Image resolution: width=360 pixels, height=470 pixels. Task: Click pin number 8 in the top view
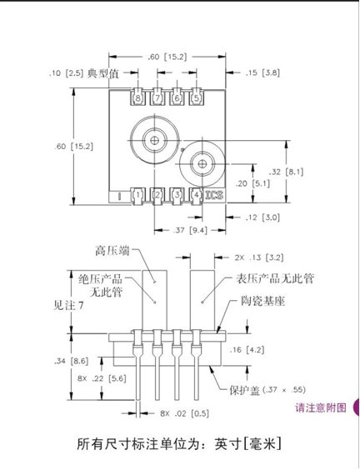coord(137,97)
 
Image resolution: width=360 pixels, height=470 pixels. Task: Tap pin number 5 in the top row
coord(197,97)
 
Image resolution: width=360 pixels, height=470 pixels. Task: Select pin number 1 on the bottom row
coord(137,196)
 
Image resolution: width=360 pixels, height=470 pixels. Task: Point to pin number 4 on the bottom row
coord(197,196)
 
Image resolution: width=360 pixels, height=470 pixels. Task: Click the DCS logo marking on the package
coord(215,195)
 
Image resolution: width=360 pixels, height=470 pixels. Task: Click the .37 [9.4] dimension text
coord(190,230)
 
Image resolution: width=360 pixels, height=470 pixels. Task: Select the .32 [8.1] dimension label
coord(287,172)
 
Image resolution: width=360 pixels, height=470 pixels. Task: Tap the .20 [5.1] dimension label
coord(252,183)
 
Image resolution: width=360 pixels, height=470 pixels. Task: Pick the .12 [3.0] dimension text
coord(262,217)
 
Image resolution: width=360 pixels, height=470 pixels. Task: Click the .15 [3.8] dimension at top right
coord(262,72)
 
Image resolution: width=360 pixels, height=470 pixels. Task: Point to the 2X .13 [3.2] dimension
coord(259,257)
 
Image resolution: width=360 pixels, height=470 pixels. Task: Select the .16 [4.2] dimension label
coord(247,350)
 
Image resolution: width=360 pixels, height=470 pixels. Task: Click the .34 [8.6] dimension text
coord(72,361)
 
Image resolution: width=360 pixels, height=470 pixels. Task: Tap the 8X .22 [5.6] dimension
coord(102,378)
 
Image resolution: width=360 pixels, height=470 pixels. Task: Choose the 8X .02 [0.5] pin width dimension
coord(184,413)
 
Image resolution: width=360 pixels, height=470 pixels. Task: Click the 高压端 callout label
coord(112,251)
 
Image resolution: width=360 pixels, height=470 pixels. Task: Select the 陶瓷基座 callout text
coord(262,301)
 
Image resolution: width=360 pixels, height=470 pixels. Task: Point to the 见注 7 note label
coord(68,306)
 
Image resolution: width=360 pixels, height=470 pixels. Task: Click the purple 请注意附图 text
coord(321,407)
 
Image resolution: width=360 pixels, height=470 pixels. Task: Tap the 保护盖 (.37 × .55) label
coord(267,390)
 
